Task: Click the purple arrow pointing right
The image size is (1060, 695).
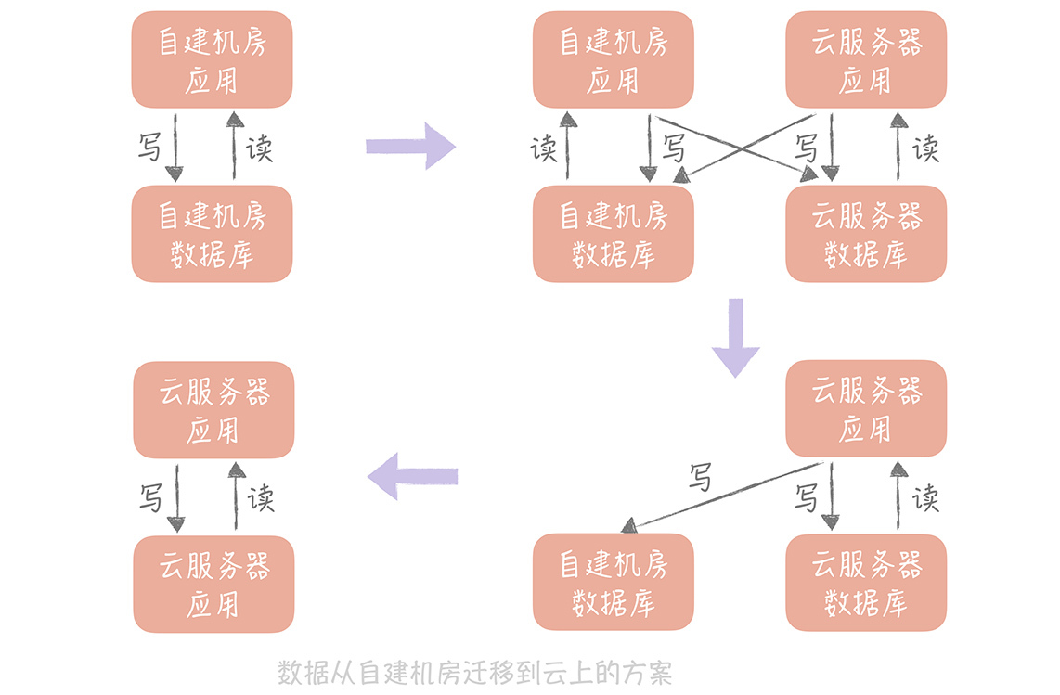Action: click(411, 146)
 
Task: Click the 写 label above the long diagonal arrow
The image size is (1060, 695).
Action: click(701, 478)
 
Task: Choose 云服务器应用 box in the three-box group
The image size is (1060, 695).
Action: click(866, 408)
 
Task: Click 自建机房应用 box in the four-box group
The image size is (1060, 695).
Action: click(613, 59)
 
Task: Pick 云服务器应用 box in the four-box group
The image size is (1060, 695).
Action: click(866, 59)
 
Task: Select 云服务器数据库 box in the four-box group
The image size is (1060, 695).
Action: click(866, 234)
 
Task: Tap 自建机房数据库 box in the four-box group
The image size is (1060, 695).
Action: click(613, 234)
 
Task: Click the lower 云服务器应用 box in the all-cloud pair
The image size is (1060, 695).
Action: click(213, 584)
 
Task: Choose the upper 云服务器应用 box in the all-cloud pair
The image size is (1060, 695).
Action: click(213, 409)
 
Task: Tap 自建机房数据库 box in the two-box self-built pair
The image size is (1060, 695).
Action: click(212, 234)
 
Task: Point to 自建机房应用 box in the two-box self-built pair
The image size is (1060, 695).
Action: click(212, 59)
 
